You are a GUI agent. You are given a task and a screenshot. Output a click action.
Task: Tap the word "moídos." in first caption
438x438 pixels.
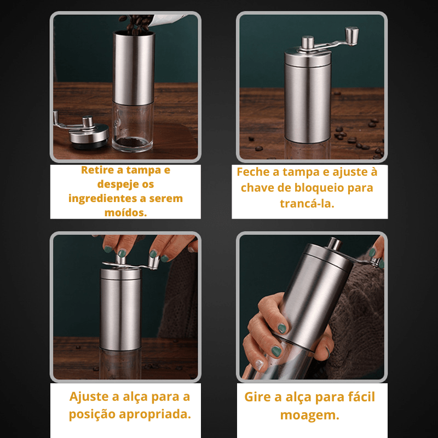125,212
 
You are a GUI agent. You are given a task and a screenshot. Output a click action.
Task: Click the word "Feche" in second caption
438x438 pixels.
253,172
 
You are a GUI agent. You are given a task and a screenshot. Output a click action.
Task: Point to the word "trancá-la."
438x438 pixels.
309,204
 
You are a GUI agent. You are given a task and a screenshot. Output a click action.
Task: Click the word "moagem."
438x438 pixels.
309,415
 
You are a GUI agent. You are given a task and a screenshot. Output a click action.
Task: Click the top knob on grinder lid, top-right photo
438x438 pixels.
308,42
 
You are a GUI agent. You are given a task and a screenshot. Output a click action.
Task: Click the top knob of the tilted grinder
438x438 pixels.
333,243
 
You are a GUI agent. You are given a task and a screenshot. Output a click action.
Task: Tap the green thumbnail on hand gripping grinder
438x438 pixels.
282,328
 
